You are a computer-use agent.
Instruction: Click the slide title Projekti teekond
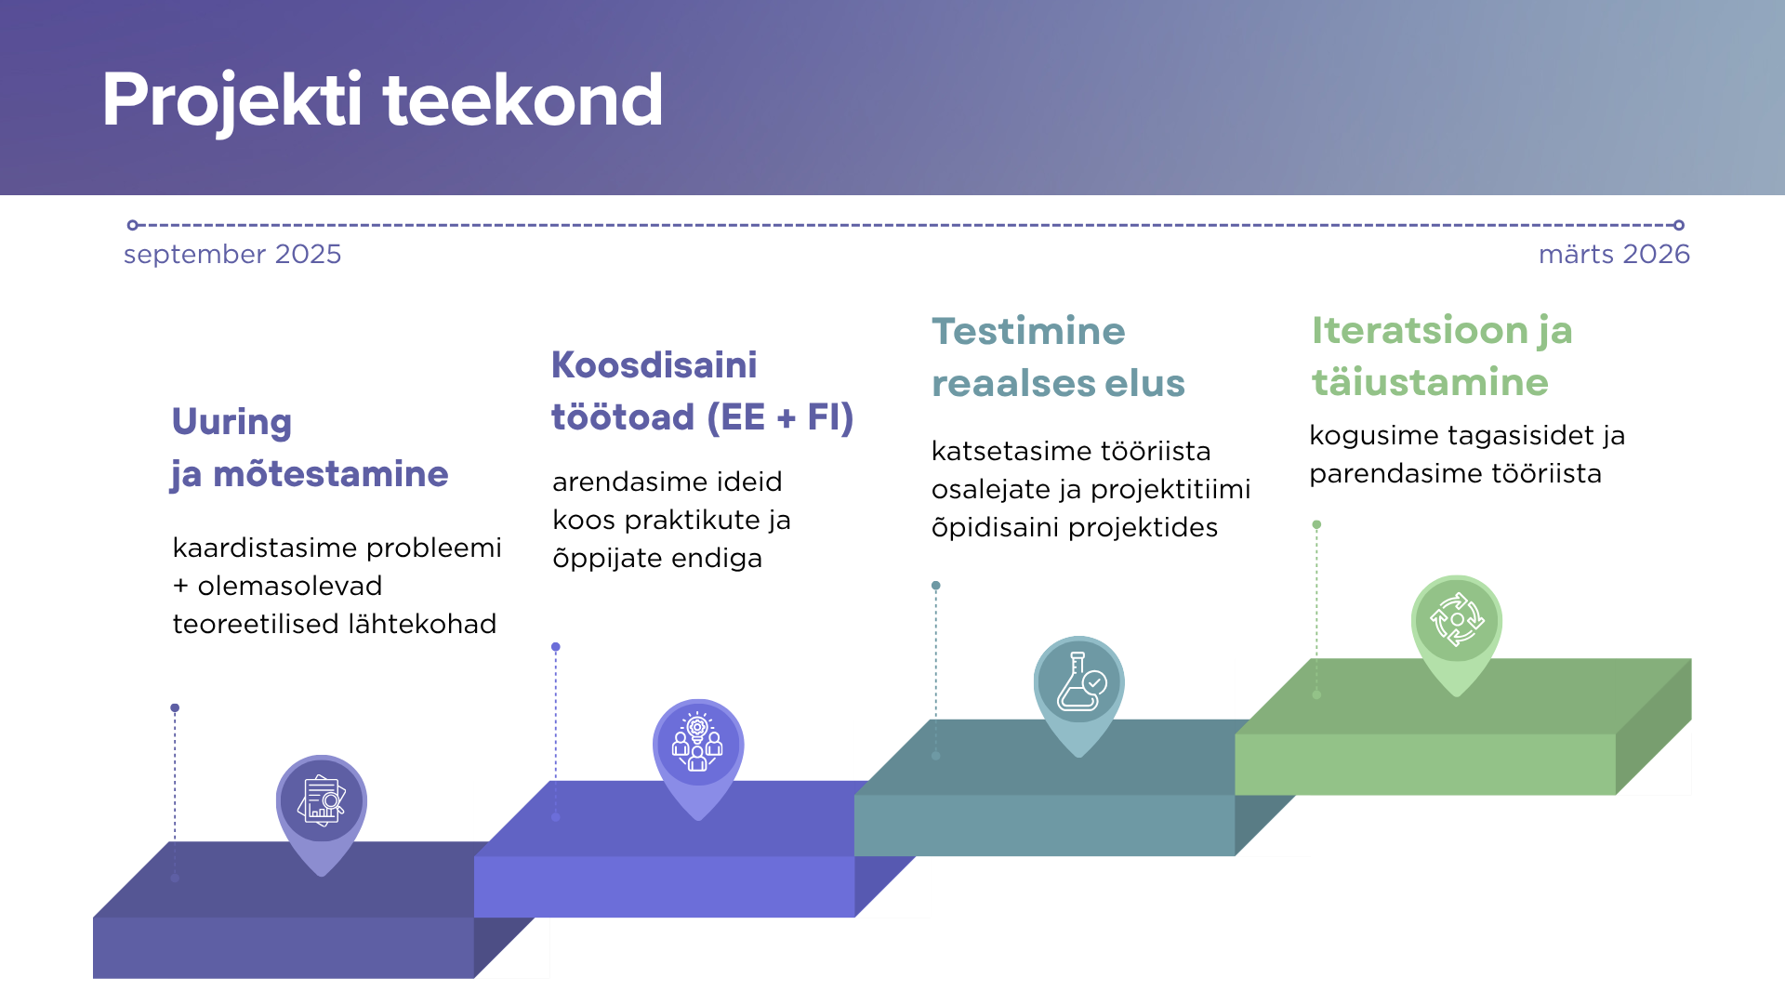click(x=382, y=100)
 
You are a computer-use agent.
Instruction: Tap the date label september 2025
click(x=232, y=255)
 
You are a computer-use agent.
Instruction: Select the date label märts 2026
click(x=1614, y=255)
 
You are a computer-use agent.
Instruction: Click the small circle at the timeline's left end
click(x=133, y=225)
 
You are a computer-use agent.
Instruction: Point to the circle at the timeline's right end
click(x=1679, y=225)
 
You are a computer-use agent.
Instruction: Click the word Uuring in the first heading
click(x=231, y=422)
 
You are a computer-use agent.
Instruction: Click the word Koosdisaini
click(x=654, y=365)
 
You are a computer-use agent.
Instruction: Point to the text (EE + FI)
click(x=780, y=417)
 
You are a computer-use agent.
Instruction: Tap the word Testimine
click(x=1028, y=332)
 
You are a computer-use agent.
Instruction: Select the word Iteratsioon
click(x=1421, y=331)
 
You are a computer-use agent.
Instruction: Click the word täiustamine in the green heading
click(x=1430, y=382)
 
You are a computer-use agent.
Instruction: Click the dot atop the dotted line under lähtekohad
click(x=175, y=708)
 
